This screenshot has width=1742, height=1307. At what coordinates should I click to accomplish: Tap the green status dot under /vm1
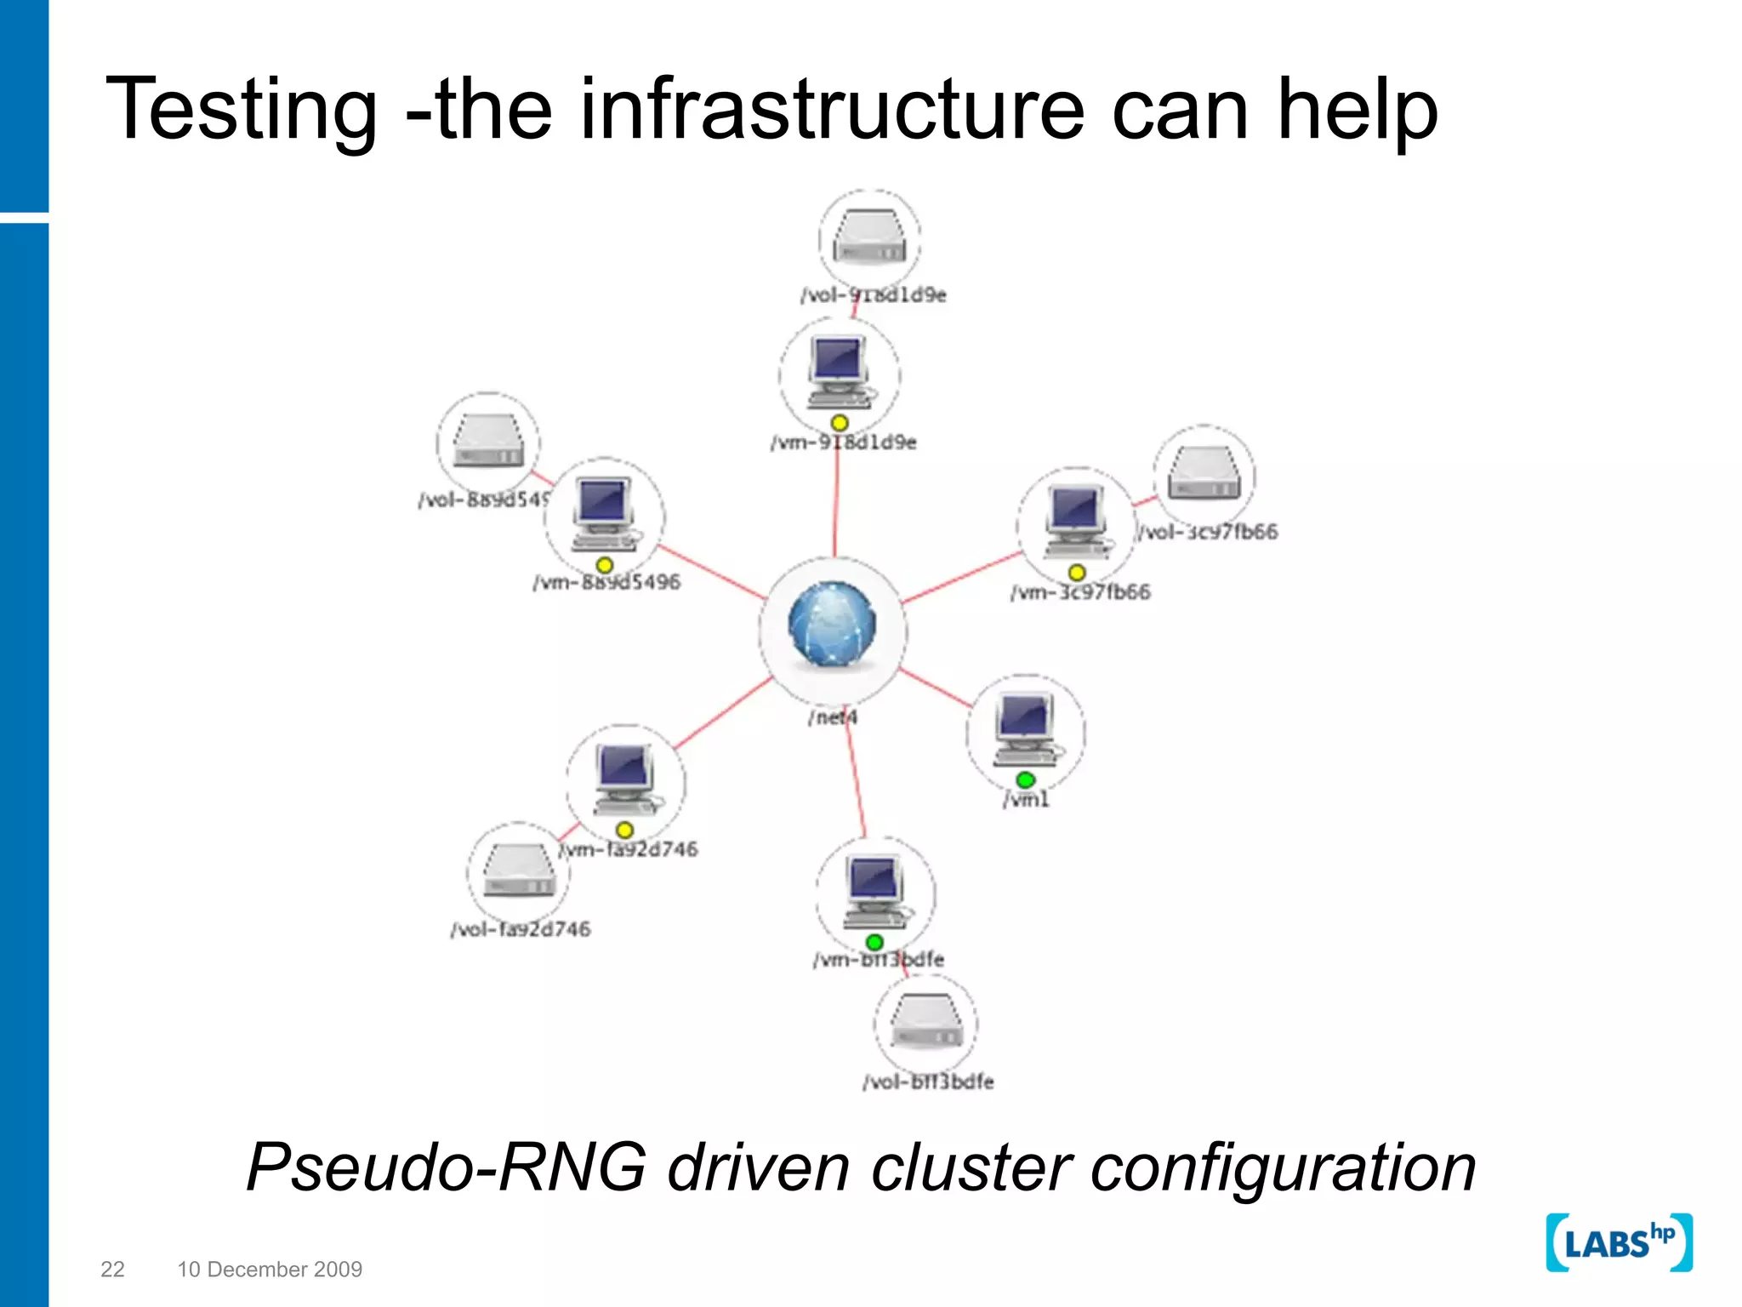click(x=1025, y=779)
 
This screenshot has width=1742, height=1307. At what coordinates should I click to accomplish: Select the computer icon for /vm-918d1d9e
click(x=839, y=371)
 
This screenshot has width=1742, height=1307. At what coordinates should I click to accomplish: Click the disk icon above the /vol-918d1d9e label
click(x=869, y=238)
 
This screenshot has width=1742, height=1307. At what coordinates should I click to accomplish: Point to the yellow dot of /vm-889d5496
click(x=604, y=565)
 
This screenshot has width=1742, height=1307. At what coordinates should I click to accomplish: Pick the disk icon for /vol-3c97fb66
click(x=1204, y=475)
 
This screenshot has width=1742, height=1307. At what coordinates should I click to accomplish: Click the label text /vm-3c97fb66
click(x=1080, y=592)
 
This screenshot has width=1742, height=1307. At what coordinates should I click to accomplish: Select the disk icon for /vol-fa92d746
click(x=518, y=871)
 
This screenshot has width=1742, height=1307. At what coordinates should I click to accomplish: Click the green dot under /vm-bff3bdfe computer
click(x=874, y=942)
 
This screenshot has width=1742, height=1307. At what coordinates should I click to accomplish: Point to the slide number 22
click(x=112, y=1269)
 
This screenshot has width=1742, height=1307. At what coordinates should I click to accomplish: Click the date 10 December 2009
click(x=270, y=1269)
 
